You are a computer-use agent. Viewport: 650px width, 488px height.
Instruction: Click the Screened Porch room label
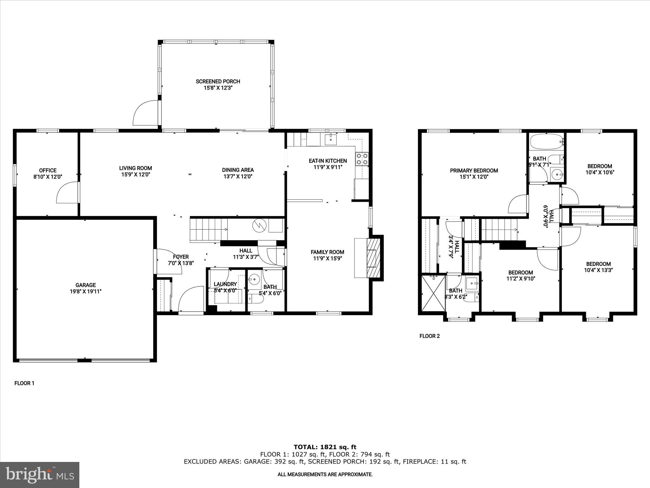pos(218,81)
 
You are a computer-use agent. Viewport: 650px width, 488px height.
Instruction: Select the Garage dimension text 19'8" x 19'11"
pos(85,291)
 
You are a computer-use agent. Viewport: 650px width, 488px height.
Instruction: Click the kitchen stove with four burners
pos(362,159)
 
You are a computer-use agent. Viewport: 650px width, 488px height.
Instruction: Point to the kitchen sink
pos(331,139)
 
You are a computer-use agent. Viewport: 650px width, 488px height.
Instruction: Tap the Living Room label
pos(136,168)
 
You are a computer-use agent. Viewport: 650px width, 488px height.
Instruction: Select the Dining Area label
pos(238,170)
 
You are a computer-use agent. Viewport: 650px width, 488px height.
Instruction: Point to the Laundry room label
pos(225,284)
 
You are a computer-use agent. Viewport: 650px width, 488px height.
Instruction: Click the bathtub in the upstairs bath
pos(547,142)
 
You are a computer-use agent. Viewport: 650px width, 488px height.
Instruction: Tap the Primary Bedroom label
pos(474,171)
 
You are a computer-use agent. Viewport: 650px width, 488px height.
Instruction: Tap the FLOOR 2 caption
pos(429,336)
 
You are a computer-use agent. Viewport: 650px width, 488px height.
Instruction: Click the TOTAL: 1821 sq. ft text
pos(325,447)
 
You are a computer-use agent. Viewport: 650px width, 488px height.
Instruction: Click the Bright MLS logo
pos(40,475)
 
